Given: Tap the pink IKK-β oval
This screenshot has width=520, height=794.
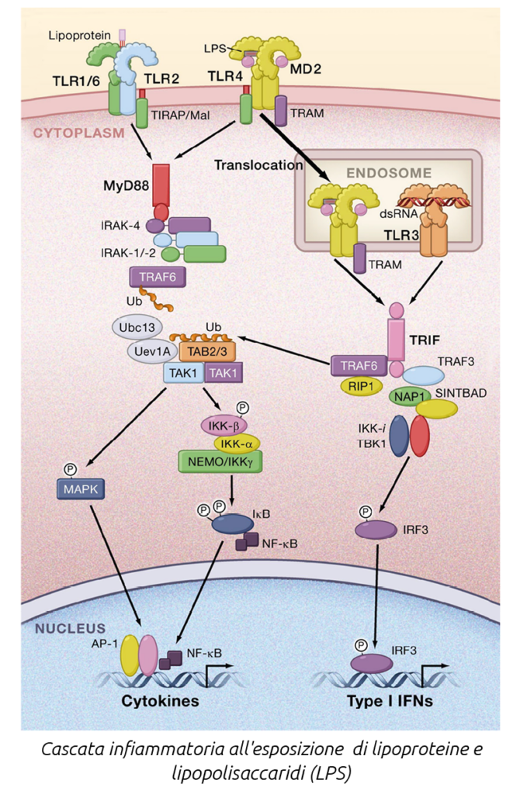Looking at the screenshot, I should [223, 424].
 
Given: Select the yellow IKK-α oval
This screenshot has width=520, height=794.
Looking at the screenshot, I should [237, 442].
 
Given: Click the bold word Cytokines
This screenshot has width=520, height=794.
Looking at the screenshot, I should [160, 701].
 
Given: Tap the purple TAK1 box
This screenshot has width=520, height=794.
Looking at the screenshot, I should [223, 373].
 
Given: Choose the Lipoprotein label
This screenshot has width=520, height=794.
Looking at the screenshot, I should [74, 35].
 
